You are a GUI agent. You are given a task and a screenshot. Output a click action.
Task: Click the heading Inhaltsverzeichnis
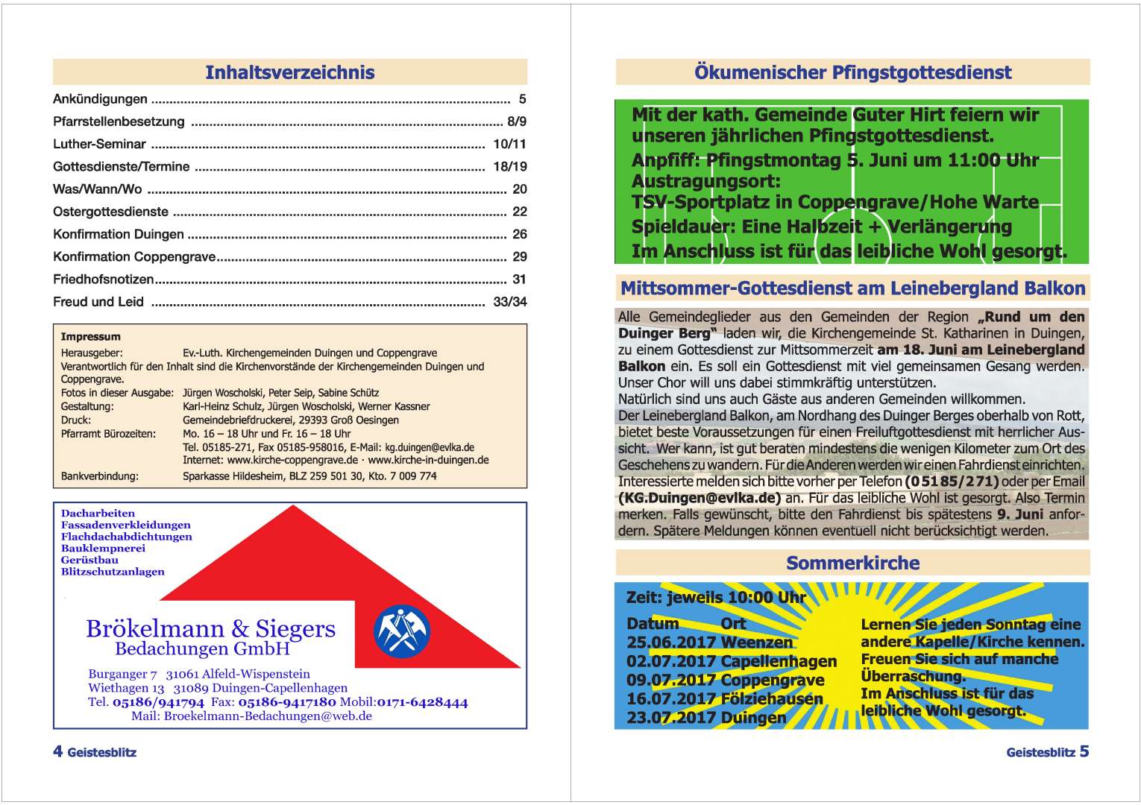(289, 72)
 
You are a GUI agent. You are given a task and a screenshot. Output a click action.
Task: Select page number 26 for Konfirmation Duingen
(519, 234)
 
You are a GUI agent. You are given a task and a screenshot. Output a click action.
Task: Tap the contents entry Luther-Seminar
(99, 144)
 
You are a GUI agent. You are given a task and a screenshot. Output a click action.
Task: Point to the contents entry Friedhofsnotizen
(103, 280)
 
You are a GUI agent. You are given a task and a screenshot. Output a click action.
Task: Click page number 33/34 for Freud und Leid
(509, 302)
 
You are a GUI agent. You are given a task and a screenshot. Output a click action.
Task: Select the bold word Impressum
(90, 337)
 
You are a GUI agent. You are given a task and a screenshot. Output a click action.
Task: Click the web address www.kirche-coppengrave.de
(292, 460)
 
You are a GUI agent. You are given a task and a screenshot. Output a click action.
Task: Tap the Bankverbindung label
(99, 476)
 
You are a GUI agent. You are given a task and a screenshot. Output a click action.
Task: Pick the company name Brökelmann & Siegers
(210, 628)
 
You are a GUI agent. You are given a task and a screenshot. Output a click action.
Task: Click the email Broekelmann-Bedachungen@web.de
(268, 716)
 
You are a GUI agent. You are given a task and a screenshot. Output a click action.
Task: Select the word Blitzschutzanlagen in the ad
(113, 572)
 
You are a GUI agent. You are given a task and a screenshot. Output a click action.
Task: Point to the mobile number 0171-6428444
(422, 702)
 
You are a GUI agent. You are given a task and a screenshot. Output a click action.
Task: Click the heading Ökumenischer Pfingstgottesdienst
(852, 72)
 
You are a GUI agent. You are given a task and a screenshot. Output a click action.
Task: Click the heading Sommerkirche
(852, 563)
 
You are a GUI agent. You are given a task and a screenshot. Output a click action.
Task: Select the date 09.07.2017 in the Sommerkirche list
(671, 681)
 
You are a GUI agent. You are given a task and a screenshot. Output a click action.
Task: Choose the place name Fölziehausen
(772, 699)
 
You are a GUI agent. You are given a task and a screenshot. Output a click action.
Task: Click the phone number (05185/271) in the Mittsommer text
(951, 482)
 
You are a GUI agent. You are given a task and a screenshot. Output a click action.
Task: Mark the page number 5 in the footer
(1084, 751)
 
